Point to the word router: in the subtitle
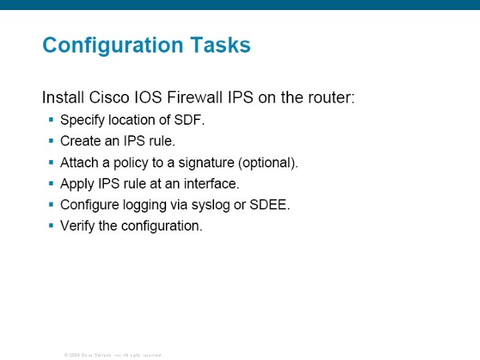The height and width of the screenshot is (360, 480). (330, 97)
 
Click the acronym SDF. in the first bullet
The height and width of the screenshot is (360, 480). (189, 121)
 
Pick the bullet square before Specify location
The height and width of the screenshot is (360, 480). (51, 120)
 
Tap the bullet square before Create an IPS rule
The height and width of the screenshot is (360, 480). (51, 141)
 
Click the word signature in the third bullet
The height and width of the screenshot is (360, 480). (207, 163)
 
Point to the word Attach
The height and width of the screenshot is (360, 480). (79, 163)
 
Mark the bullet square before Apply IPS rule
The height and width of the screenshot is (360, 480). (51, 183)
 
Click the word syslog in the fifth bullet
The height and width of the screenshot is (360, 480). (211, 205)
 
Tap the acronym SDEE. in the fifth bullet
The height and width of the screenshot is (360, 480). (270, 205)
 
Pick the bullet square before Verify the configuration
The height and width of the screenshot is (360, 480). (51, 225)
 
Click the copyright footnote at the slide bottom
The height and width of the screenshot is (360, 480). (113, 355)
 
